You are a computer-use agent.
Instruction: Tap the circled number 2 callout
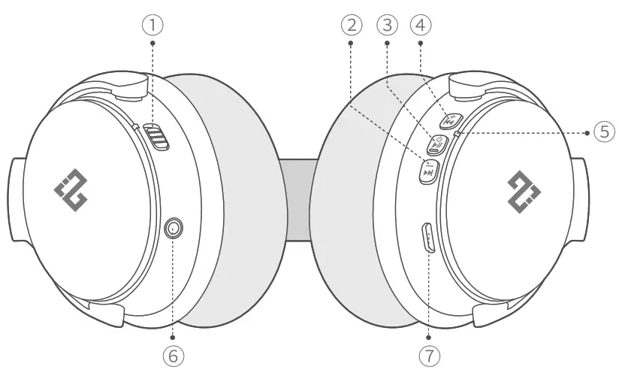pos(349,25)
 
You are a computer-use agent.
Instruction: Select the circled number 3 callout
pos(386,25)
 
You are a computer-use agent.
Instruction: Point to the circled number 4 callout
pos(421,25)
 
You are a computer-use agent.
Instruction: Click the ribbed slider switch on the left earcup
pos(156,138)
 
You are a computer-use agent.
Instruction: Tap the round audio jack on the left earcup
pos(175,226)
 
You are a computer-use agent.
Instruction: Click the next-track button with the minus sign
pos(429,171)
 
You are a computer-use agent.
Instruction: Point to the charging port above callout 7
pos(428,238)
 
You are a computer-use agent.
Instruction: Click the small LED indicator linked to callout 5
pos(457,133)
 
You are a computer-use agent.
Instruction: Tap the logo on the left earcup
pos(71,186)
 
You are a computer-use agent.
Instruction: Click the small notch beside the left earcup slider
pos(136,127)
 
